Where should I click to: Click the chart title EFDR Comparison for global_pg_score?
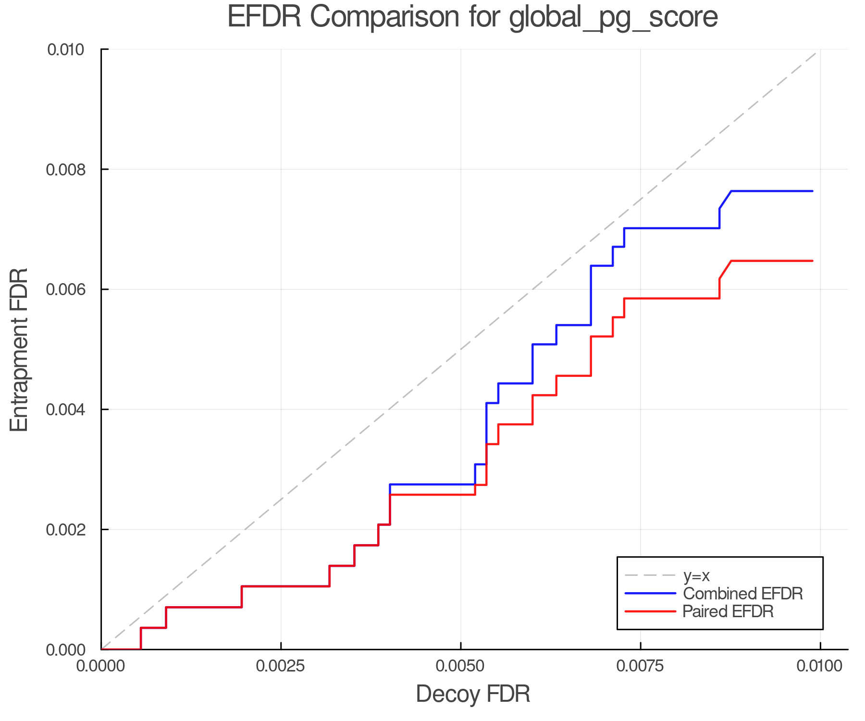(x=472, y=17)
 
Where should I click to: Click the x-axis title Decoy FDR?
(x=472, y=694)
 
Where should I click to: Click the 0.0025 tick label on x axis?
(x=281, y=666)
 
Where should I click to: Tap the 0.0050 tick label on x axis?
(x=460, y=666)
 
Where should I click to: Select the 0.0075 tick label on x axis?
(x=640, y=666)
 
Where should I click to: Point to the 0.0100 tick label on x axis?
(x=820, y=666)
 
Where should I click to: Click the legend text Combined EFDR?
(x=743, y=594)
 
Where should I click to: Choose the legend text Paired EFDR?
(x=728, y=611)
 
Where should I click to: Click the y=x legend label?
(x=696, y=575)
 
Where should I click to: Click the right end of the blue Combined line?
(x=812, y=191)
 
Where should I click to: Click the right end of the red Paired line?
(x=812, y=261)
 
